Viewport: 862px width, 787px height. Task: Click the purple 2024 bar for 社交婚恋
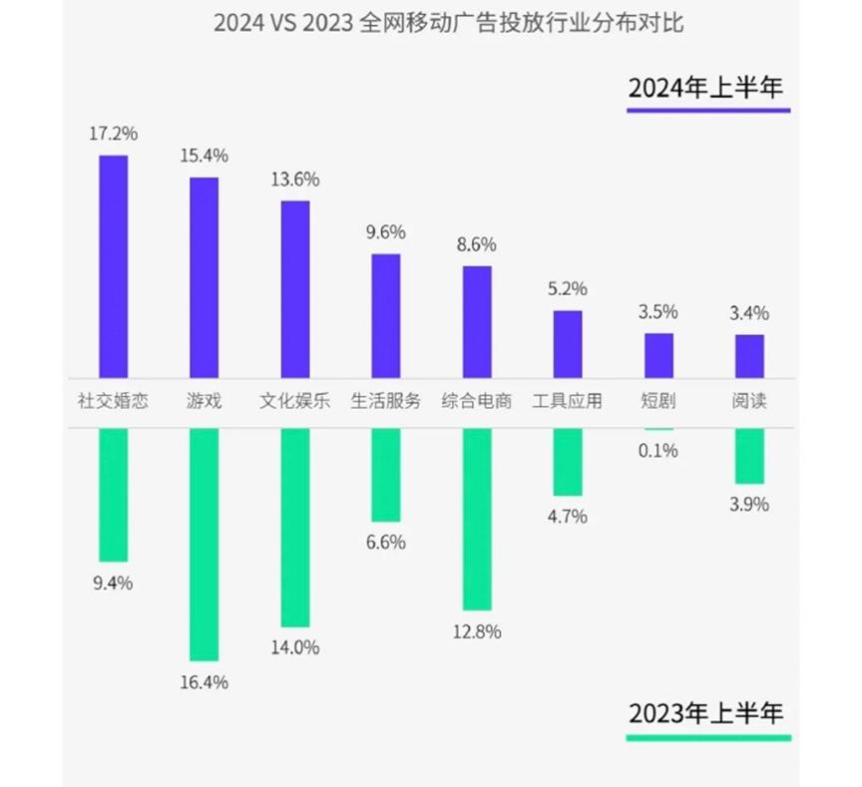click(113, 265)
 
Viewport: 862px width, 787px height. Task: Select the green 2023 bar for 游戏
click(205, 544)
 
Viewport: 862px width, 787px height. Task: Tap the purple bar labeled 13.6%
click(295, 288)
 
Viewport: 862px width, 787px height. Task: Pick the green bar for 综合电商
click(477, 519)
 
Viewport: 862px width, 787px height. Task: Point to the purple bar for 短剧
click(658, 354)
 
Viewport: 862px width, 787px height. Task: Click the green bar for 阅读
click(749, 456)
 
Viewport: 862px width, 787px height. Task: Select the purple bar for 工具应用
click(568, 343)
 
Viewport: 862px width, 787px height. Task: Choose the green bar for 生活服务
click(386, 475)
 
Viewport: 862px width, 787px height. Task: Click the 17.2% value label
click(113, 132)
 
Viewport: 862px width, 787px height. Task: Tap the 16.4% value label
click(205, 683)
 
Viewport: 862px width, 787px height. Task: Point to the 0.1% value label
click(658, 451)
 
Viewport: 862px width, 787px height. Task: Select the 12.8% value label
click(477, 631)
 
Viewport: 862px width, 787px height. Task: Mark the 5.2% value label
click(568, 289)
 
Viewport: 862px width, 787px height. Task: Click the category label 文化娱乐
click(295, 403)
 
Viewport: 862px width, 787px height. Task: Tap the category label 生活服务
click(386, 403)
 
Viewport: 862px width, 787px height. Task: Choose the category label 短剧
click(658, 403)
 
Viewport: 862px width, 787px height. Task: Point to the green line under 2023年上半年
click(708, 738)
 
